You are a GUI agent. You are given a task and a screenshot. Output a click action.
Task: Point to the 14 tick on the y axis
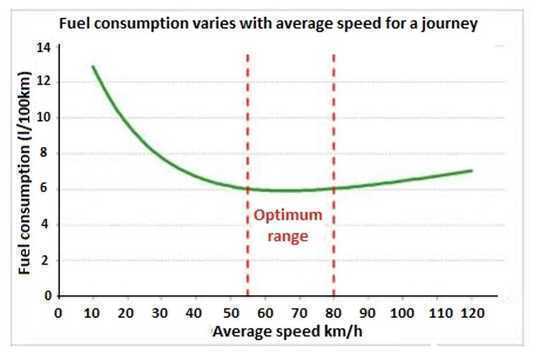click(42, 47)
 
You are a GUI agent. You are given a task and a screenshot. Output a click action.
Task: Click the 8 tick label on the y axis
click(45, 153)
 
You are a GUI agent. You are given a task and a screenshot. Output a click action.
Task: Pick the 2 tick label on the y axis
click(45, 260)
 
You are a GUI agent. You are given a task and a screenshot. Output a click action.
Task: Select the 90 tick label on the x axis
click(367, 312)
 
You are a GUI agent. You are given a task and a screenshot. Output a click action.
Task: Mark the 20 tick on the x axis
click(127, 312)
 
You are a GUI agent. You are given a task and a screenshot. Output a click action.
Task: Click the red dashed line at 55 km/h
click(247, 120)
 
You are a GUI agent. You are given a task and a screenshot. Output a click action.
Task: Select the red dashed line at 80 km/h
click(333, 120)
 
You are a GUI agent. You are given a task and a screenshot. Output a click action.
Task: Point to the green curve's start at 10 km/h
click(93, 67)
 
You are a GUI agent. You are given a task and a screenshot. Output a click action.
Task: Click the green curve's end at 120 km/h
click(471, 170)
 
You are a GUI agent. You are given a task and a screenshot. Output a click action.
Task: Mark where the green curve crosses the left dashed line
click(247, 188)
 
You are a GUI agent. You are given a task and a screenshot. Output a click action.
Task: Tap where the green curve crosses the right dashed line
click(333, 188)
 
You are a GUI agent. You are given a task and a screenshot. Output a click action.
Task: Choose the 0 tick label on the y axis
click(45, 296)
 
